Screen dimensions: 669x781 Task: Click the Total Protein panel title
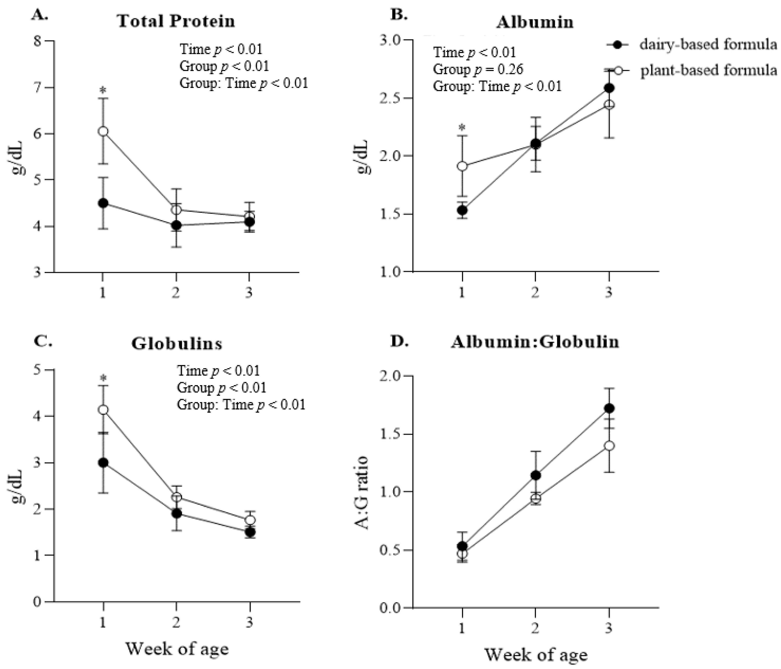176,21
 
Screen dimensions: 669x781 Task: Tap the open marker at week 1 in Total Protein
103,131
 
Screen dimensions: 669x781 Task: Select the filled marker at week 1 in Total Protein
103,203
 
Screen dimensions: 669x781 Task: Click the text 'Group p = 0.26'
478,69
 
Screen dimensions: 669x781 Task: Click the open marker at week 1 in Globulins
103,410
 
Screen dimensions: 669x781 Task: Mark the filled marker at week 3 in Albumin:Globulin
609,408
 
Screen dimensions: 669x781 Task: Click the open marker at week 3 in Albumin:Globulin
609,446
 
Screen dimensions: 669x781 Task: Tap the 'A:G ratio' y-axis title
362,493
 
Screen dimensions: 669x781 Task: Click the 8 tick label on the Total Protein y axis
37,41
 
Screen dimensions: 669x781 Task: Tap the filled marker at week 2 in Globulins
176,513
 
